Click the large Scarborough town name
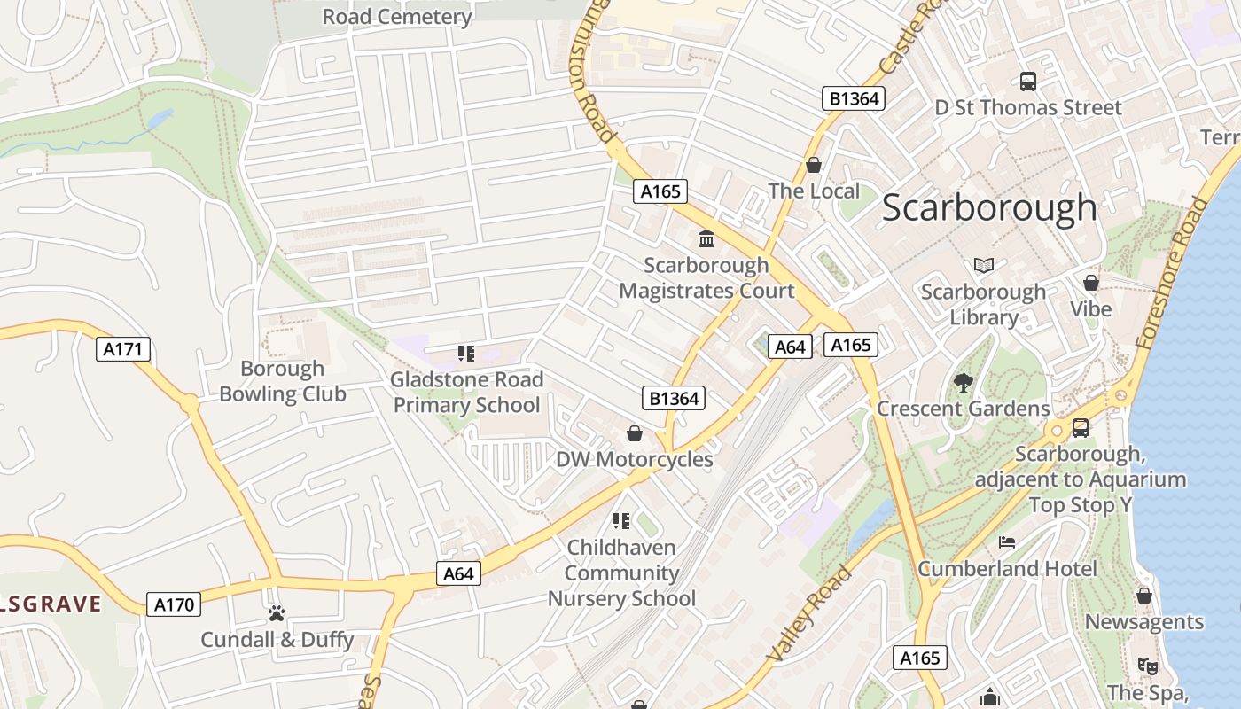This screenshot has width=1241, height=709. pos(989,208)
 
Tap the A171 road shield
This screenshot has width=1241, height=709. pos(122,349)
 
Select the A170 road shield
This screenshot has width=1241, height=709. pos(174,605)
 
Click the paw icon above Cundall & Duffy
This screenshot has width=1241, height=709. pos(277,613)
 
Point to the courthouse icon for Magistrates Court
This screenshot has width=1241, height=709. pos(706,238)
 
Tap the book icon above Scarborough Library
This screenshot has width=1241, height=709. pos(983,265)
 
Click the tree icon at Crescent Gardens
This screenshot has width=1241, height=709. pos(963,383)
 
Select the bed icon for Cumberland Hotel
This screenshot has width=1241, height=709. pos(1007,542)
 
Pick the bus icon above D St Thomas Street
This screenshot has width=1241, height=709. pos(1028,82)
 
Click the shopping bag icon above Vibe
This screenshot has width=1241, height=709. pos(1091,283)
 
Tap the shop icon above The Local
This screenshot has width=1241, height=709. pos(814,165)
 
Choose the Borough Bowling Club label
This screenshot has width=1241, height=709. pos(283,381)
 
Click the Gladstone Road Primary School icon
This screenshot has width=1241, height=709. pos(466,354)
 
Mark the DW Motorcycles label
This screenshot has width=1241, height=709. pos(634,459)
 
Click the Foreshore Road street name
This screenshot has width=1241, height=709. pos(1173,272)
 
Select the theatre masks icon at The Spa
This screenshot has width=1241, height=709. pos(1147,666)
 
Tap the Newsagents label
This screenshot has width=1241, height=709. pos(1144,622)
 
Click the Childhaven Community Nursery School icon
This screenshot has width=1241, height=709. pos(621,521)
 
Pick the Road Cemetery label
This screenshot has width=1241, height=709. pos(396,17)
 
